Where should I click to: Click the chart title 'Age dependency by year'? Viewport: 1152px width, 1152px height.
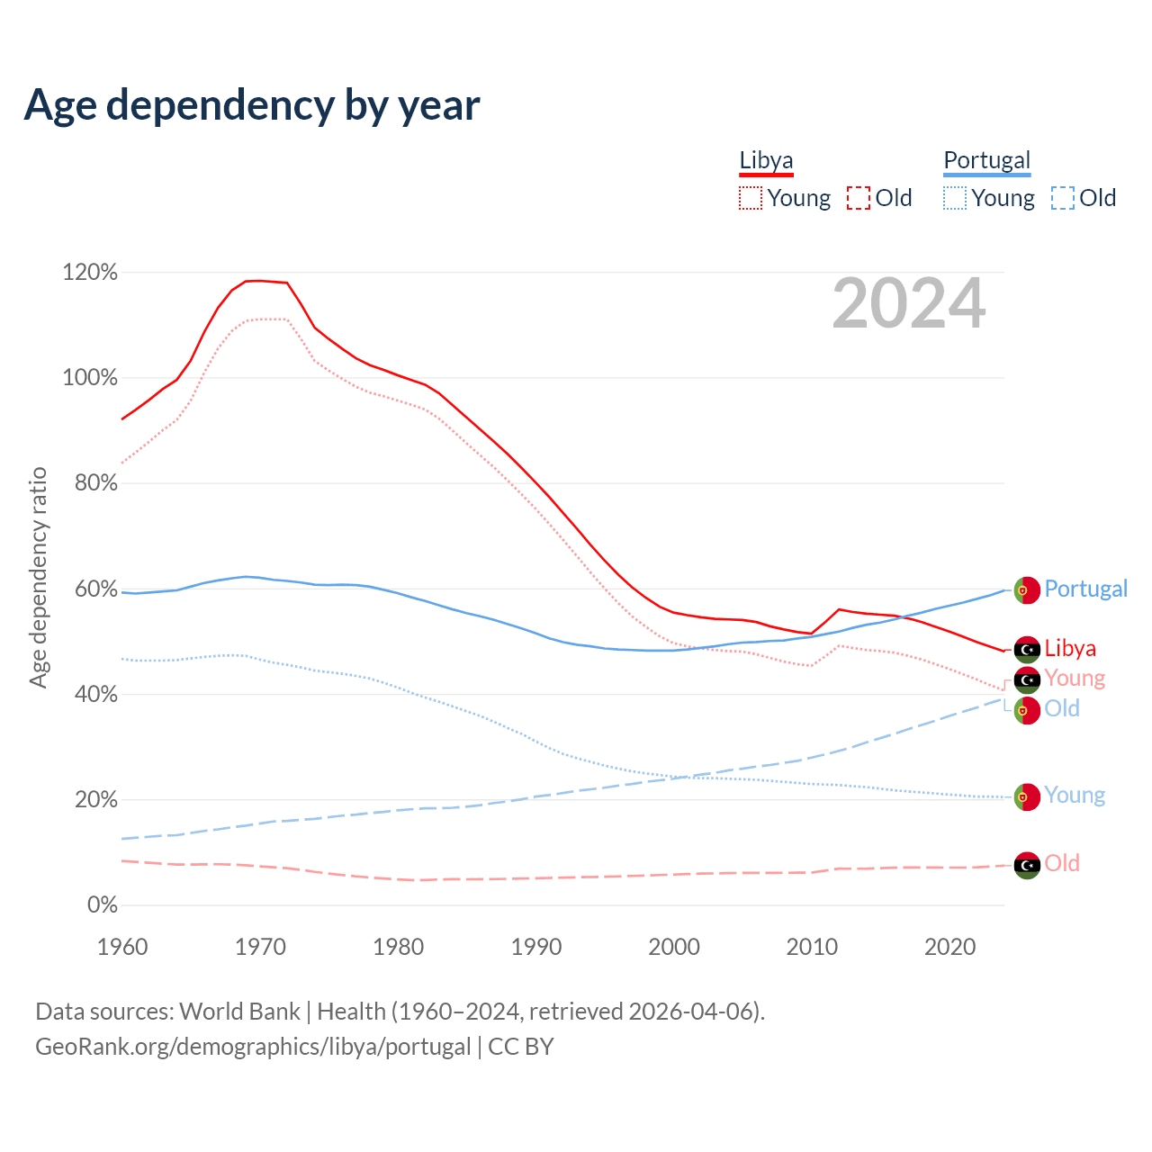click(x=252, y=105)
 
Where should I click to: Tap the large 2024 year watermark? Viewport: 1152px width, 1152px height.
click(x=909, y=303)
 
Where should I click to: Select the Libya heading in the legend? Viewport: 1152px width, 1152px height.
click(x=766, y=160)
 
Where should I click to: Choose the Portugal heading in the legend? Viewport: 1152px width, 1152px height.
click(x=986, y=160)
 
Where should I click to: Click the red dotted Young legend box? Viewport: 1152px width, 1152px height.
click(x=751, y=198)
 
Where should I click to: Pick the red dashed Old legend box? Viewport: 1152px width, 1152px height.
click(x=859, y=198)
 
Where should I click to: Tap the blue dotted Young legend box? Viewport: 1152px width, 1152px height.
click(x=955, y=198)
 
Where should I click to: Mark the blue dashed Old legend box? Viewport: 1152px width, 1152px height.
click(x=1063, y=198)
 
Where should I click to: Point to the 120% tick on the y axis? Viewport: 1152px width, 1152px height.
click(x=90, y=272)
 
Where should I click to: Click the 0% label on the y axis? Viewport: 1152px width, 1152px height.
click(x=103, y=904)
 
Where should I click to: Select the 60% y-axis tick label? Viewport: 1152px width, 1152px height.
click(x=95, y=589)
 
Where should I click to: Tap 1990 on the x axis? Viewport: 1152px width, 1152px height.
click(x=536, y=947)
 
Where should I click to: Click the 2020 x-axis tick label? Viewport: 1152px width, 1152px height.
click(x=950, y=947)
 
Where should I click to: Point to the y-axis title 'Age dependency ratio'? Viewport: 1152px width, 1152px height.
click(x=38, y=577)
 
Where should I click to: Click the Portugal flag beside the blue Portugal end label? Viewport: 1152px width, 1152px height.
click(x=1027, y=589)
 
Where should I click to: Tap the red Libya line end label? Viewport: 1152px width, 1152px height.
click(x=1070, y=648)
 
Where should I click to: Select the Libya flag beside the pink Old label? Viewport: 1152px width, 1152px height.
click(x=1027, y=865)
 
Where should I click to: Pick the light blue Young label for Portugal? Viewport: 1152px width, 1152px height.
click(x=1075, y=796)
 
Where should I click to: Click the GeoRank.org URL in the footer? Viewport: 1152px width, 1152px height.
click(x=253, y=1047)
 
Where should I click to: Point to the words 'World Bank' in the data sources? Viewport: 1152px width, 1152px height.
click(x=239, y=1012)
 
